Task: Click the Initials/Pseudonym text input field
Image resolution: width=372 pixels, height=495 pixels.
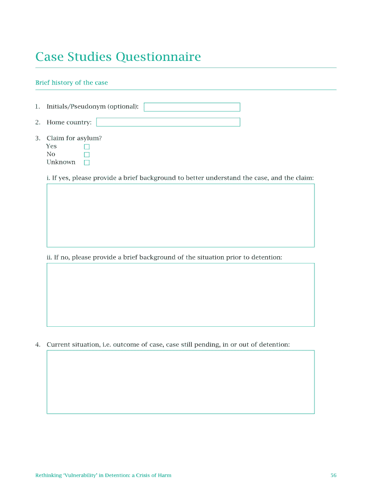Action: point(192,107)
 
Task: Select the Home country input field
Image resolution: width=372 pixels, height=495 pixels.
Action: point(168,122)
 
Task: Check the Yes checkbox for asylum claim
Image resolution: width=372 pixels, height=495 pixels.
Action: point(87,146)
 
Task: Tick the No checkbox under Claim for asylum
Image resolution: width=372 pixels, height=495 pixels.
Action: point(87,155)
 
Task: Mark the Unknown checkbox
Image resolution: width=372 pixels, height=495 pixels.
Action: point(87,162)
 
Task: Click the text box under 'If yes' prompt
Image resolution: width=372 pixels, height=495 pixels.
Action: point(180,216)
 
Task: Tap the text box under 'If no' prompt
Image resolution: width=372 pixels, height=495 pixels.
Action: point(180,295)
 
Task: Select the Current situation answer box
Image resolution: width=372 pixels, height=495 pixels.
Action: point(180,382)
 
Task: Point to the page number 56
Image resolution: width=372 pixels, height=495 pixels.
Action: point(333,475)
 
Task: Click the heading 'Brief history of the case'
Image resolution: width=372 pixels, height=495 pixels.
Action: point(72,83)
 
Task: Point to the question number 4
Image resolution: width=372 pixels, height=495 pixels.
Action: point(38,345)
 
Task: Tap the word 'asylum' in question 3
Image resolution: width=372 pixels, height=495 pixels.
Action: point(89,138)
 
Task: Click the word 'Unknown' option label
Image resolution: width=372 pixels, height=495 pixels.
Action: point(61,162)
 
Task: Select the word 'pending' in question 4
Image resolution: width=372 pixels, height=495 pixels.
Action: point(208,345)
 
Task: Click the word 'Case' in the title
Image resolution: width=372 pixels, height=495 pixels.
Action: point(47,58)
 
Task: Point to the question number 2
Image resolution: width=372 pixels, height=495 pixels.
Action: point(38,122)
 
